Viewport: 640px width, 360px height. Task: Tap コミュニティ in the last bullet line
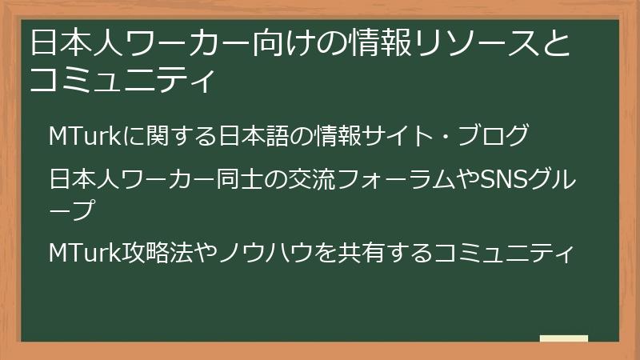click(504, 253)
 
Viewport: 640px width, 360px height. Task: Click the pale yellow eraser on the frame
click(564, 339)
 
